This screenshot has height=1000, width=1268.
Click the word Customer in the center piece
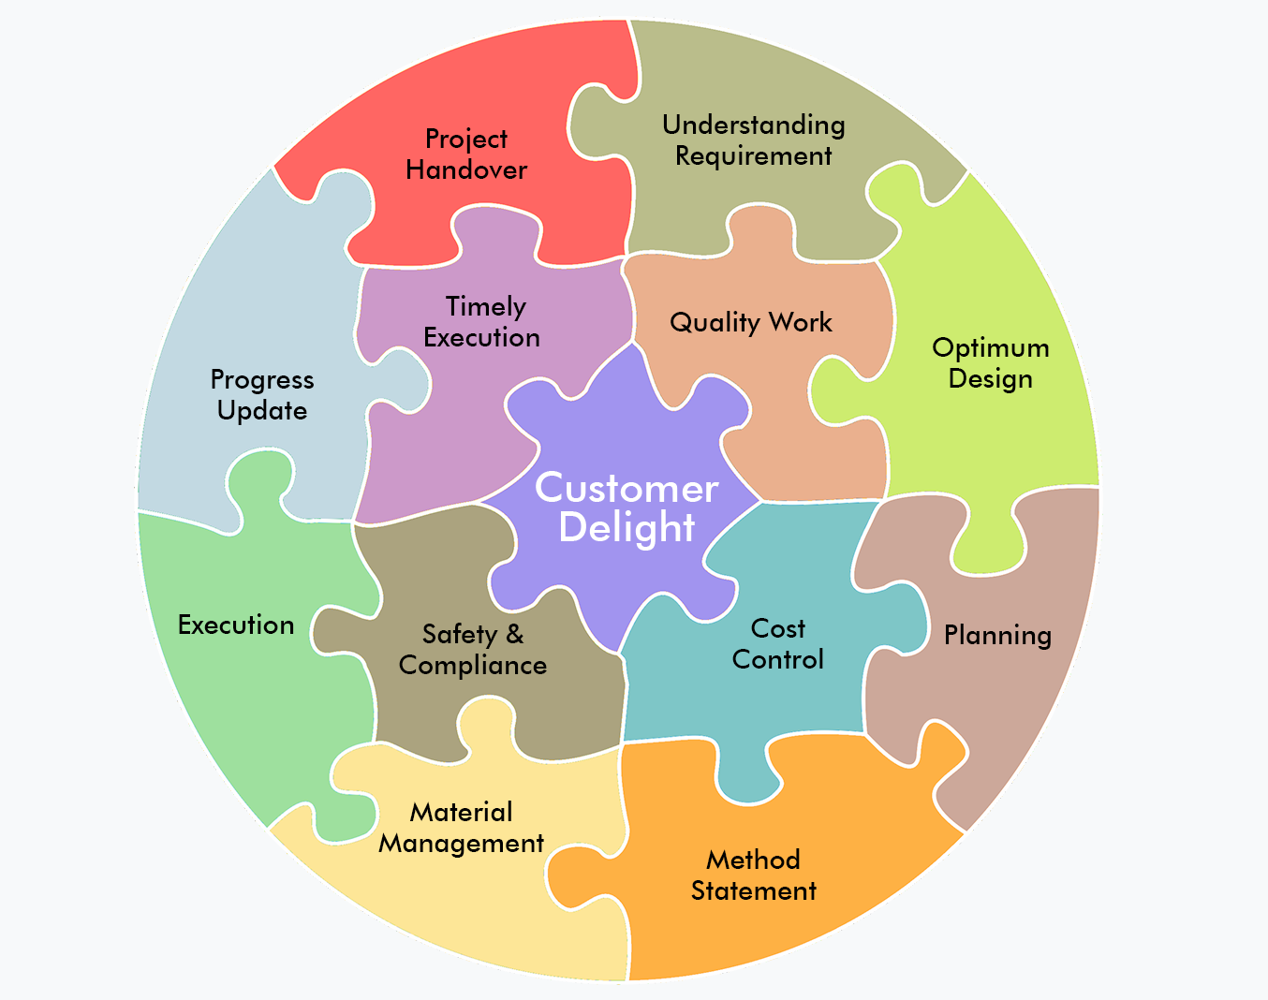(627, 488)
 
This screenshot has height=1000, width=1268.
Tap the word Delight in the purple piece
(627, 527)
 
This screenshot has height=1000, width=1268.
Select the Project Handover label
(466, 154)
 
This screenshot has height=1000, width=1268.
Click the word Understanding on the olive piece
(754, 125)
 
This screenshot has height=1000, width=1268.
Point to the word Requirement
(754, 155)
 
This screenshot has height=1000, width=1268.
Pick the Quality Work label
(751, 323)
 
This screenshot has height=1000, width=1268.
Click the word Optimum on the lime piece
(991, 348)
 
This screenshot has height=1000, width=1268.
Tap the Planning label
(997, 636)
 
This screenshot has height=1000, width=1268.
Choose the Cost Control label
(778, 643)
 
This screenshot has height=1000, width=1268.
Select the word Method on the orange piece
(754, 860)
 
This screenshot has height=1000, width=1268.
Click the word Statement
(754, 890)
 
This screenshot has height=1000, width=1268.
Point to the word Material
(462, 812)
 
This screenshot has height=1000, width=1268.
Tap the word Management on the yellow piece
(462, 844)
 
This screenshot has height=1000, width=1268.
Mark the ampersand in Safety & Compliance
(514, 634)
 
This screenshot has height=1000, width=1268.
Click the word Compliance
(473, 665)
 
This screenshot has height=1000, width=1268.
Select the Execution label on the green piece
(236, 625)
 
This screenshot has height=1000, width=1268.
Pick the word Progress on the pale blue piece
(262, 379)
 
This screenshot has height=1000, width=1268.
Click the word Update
(262, 410)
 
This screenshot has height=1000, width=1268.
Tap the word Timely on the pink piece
(486, 307)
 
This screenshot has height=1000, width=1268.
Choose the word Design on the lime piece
(991, 379)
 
